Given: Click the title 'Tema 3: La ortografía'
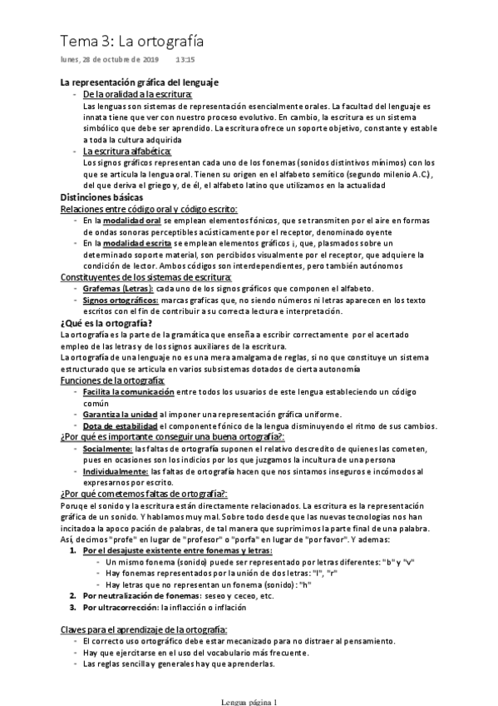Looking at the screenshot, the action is [x=131, y=40].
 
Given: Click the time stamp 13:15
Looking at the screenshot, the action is [x=185, y=61].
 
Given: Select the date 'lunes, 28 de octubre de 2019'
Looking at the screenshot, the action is [x=110, y=61].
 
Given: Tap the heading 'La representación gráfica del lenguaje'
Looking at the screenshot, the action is [x=140, y=83].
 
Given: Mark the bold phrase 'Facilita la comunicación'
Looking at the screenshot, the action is [x=129, y=390].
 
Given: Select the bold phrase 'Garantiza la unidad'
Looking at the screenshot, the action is [x=121, y=414].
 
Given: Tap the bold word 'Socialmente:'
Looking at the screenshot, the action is [x=107, y=448].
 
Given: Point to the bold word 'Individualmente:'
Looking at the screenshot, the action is [x=116, y=471].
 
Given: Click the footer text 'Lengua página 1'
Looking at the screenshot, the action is [x=249, y=700].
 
